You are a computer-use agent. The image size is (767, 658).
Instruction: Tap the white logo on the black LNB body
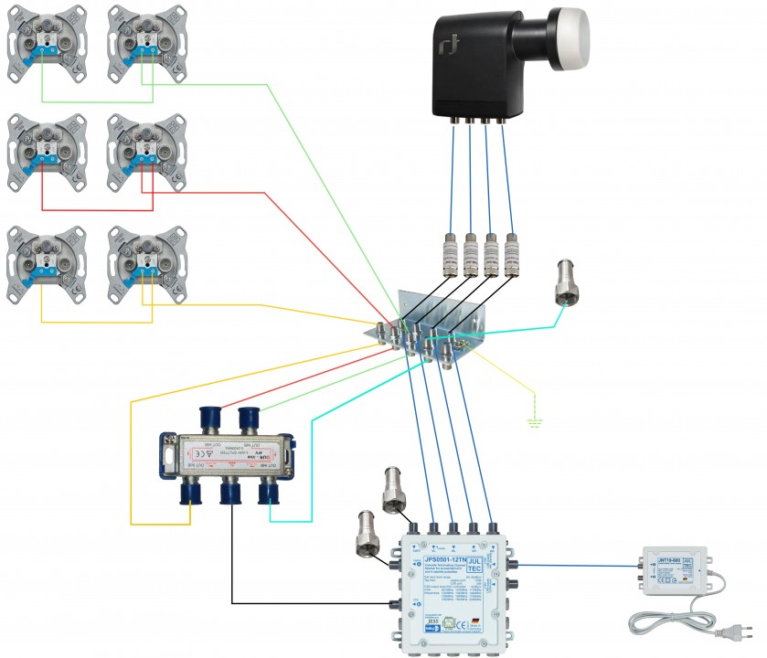[x=450, y=46]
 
